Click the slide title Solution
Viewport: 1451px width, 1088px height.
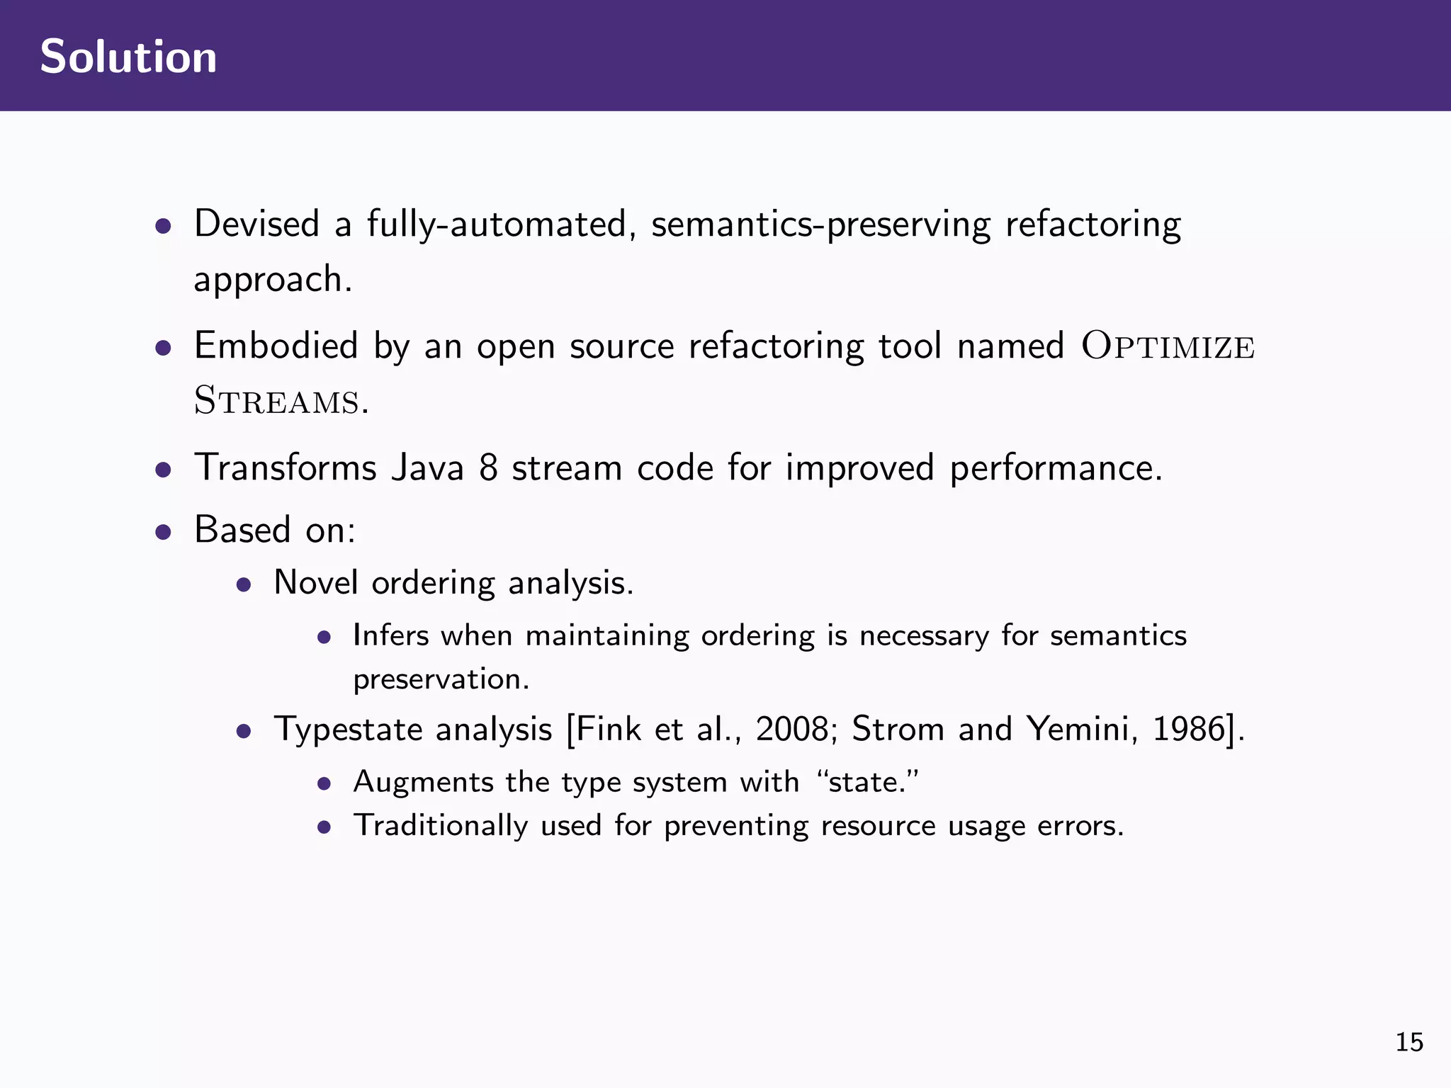[x=128, y=57]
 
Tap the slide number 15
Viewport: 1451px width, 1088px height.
[x=1409, y=1043]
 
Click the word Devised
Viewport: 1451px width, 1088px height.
[x=256, y=224]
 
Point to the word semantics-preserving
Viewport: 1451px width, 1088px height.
[x=820, y=225]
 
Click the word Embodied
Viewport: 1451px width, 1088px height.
[x=276, y=346]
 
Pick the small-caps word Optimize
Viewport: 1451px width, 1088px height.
[x=1168, y=347]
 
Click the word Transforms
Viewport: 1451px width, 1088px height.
[x=285, y=467]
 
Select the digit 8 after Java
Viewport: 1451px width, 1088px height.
[x=488, y=468]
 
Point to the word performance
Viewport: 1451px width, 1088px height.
[x=1055, y=469]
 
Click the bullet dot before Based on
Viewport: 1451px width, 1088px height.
[x=164, y=532]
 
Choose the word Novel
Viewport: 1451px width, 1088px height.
[x=315, y=583]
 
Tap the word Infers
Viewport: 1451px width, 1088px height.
[x=390, y=635]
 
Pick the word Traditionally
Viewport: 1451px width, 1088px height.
[x=441, y=827]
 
